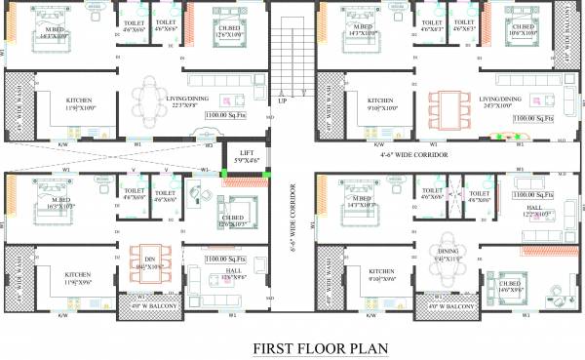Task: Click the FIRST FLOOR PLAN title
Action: (321, 346)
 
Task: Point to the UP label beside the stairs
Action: (282, 100)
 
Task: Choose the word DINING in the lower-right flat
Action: (447, 248)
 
